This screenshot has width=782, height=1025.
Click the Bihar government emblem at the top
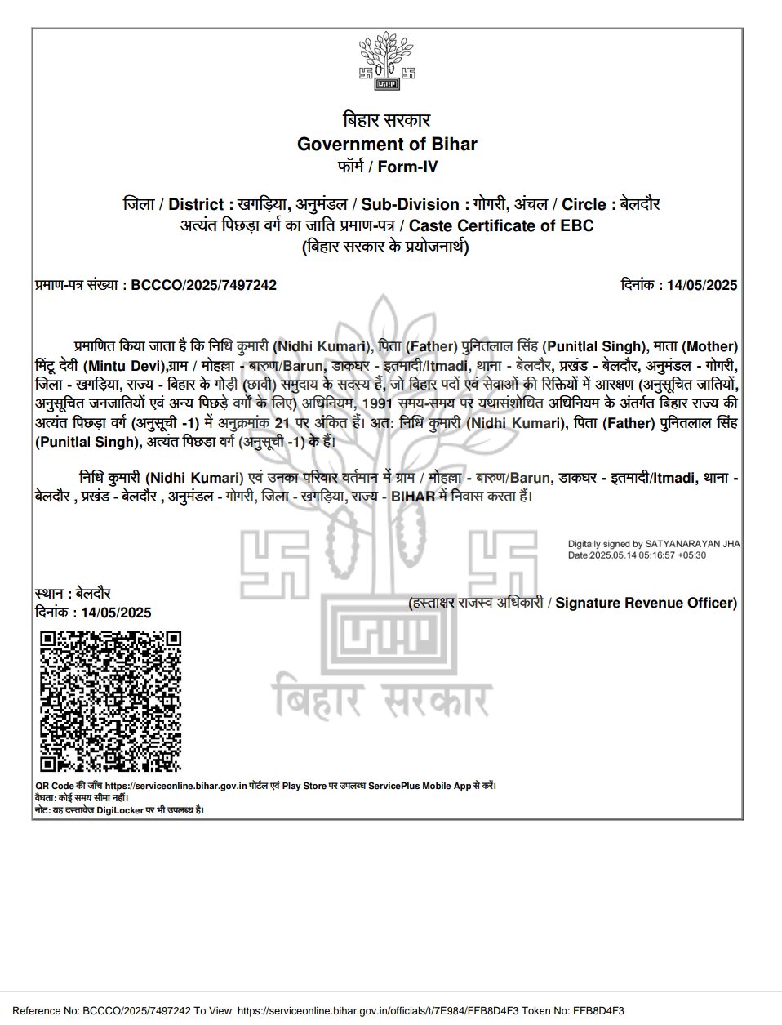[387, 61]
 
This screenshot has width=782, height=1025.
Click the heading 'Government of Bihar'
[387, 145]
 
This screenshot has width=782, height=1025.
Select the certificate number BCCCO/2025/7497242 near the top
[203, 285]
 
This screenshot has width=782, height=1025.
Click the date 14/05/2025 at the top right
[702, 285]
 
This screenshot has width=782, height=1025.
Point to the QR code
[110, 702]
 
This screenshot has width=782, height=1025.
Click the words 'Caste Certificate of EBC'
[501, 225]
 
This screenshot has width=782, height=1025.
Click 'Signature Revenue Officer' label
[646, 603]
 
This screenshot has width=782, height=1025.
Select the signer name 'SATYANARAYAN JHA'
[693, 543]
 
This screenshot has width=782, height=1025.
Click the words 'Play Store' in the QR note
[304, 786]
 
